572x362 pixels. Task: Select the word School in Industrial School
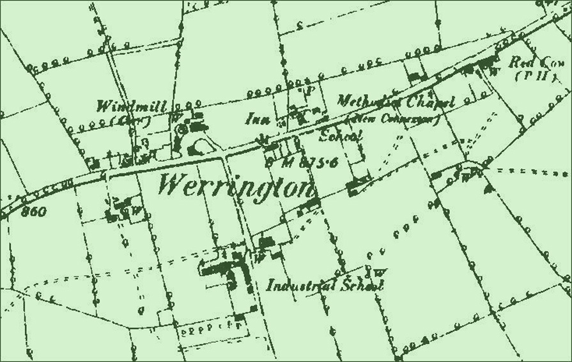pyautogui.click(x=364, y=285)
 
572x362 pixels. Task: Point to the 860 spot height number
pyautogui.click(x=34, y=212)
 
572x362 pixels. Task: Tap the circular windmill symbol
pyautogui.click(x=184, y=129)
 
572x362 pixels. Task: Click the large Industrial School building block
pyautogui.click(x=230, y=269)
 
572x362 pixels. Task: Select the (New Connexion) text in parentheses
pyautogui.click(x=392, y=119)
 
